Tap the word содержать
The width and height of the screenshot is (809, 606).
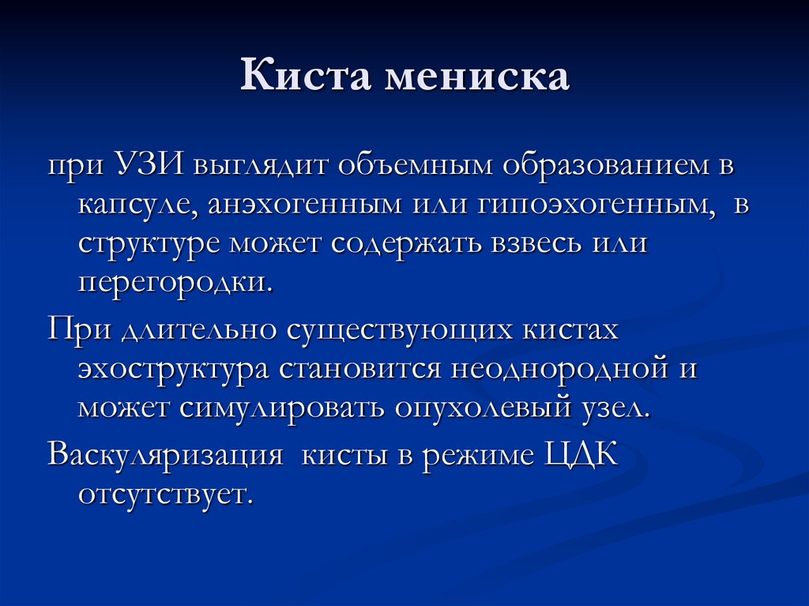(412, 244)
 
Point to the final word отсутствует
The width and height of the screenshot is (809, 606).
(164, 496)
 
